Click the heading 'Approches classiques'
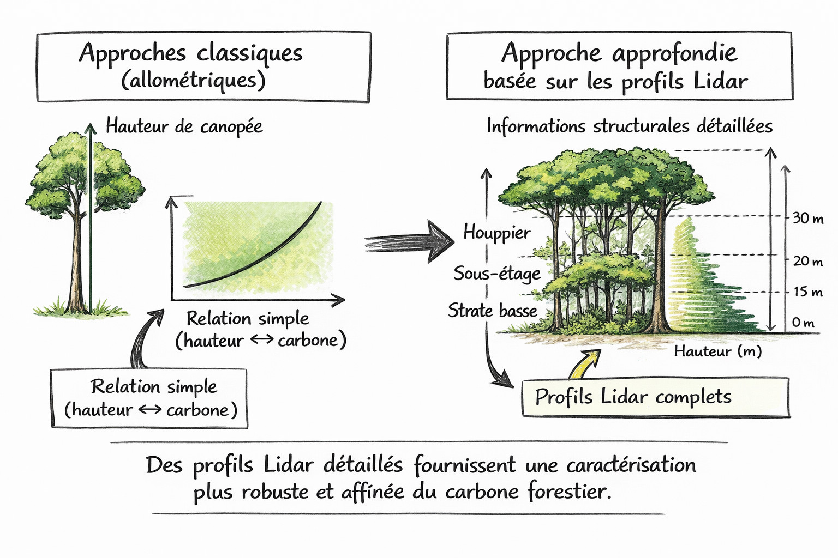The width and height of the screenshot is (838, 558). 190,53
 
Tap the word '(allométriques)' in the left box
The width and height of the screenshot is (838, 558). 193,81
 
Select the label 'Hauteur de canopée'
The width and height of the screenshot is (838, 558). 184,126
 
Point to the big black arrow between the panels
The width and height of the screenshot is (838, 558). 409,241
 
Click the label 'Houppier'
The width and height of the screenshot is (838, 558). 496,233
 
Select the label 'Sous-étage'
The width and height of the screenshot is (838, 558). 496,273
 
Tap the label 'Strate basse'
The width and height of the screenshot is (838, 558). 492,311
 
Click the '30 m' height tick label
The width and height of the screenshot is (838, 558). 807,219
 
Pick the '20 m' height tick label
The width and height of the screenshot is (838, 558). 807,261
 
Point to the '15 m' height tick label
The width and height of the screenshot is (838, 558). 807,292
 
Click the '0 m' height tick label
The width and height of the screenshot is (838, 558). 803,323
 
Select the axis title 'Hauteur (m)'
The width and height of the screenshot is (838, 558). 717,351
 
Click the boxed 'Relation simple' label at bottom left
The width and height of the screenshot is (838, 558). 149,398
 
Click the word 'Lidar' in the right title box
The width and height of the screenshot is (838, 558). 720,82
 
